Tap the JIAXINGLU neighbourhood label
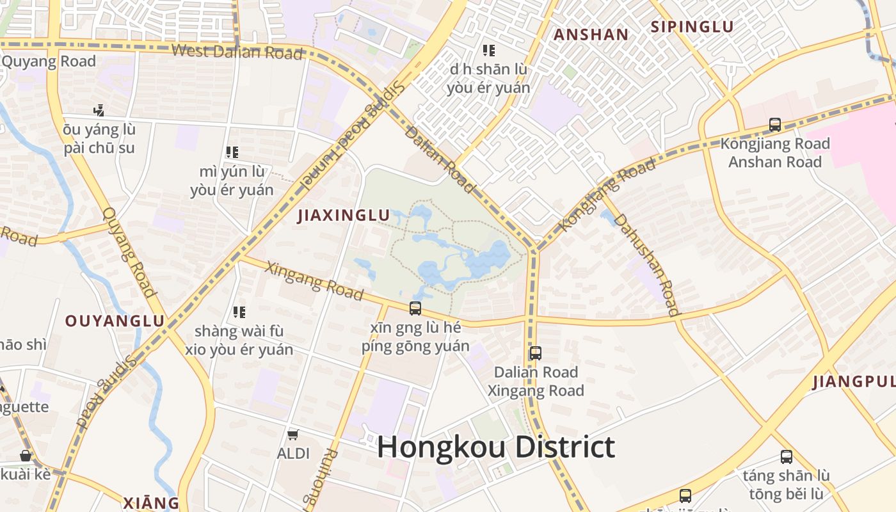click(x=344, y=216)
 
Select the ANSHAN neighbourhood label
click(x=591, y=35)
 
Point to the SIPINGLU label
click(x=692, y=27)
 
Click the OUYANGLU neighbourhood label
click(x=115, y=321)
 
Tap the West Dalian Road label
click(x=237, y=52)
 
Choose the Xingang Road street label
click(x=314, y=280)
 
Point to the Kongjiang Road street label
click(x=607, y=195)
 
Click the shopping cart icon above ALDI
click(x=293, y=435)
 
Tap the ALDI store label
click(x=293, y=453)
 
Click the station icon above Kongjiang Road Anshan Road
click(x=775, y=125)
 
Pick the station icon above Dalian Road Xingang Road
click(x=536, y=353)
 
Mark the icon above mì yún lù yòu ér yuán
click(x=232, y=152)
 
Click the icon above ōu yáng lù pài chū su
click(x=99, y=110)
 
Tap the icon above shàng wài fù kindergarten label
click(x=239, y=312)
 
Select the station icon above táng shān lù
click(x=787, y=457)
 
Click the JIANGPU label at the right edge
click(x=854, y=382)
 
